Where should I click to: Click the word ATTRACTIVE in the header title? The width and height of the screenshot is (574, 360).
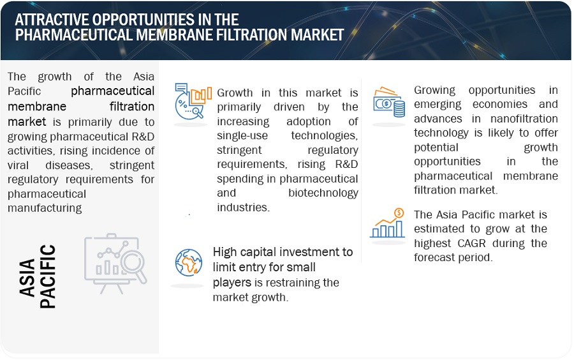[x=52, y=19]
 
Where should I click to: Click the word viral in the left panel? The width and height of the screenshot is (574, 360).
[x=18, y=165]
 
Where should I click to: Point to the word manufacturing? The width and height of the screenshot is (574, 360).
[x=45, y=208]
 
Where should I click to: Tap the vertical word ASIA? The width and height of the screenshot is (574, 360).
[x=27, y=278]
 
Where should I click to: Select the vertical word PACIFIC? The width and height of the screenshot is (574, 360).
[x=48, y=276]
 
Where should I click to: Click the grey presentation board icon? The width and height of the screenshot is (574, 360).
[x=115, y=263]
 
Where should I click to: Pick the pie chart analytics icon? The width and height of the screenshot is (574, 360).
[x=193, y=101]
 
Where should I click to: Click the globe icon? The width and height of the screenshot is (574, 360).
[x=189, y=262]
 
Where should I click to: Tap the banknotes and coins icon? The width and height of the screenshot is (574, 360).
[x=389, y=102]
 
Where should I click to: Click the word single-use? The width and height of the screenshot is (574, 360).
[x=242, y=135]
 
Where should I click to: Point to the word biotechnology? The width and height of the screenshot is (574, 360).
[x=323, y=193]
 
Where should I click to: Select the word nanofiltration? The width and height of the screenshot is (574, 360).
[x=524, y=119]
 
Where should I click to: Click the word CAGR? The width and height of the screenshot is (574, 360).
[x=471, y=243]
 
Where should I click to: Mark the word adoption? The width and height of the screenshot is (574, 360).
[x=309, y=121]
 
